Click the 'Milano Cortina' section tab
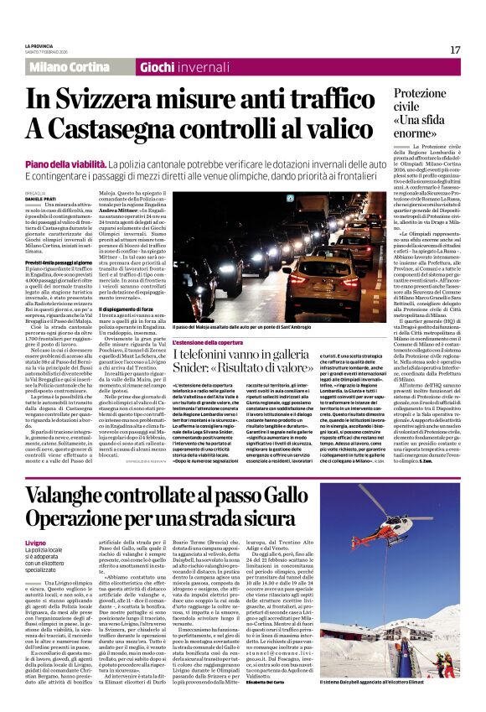pyautogui.click(x=70, y=66)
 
